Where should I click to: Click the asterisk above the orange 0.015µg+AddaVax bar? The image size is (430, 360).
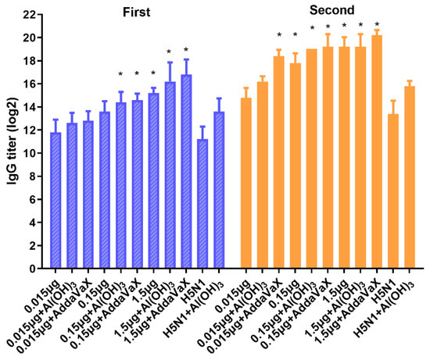[279, 35]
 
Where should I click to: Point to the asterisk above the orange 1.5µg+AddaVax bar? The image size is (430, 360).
[377, 25]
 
